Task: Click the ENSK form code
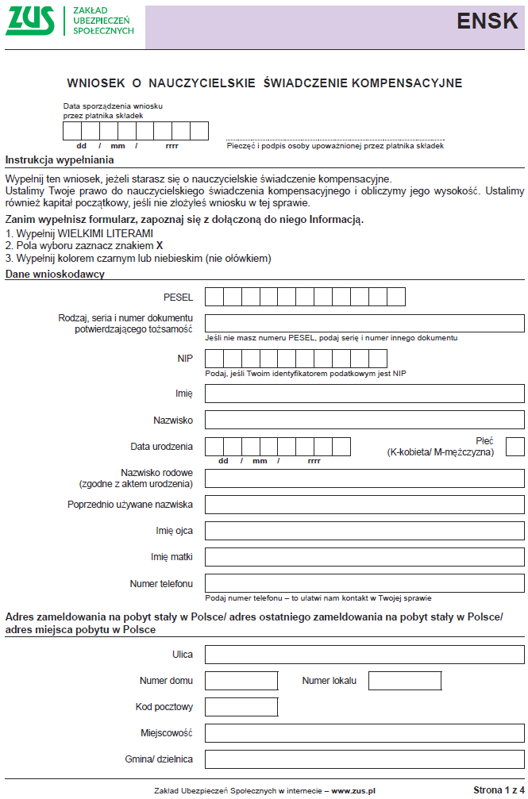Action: click(x=487, y=22)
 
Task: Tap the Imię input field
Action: click(x=364, y=394)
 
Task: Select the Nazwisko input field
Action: click(x=364, y=419)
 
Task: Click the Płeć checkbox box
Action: click(x=515, y=447)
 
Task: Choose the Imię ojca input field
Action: click(x=364, y=530)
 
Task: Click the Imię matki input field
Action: click(x=364, y=556)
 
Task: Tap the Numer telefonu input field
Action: click(x=364, y=583)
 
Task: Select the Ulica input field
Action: click(x=364, y=655)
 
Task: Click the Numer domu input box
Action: click(x=241, y=681)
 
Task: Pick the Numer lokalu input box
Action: click(x=404, y=681)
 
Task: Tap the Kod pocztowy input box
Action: click(x=241, y=707)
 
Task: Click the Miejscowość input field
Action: click(x=364, y=732)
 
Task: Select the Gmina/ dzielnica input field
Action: click(x=364, y=759)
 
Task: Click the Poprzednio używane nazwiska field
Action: click(x=364, y=504)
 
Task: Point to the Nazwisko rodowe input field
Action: click(x=364, y=478)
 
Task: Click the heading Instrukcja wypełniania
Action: click(x=54, y=159)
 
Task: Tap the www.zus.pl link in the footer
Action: click(x=353, y=791)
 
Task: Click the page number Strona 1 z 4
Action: click(x=498, y=790)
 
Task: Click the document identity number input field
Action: click(x=364, y=323)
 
